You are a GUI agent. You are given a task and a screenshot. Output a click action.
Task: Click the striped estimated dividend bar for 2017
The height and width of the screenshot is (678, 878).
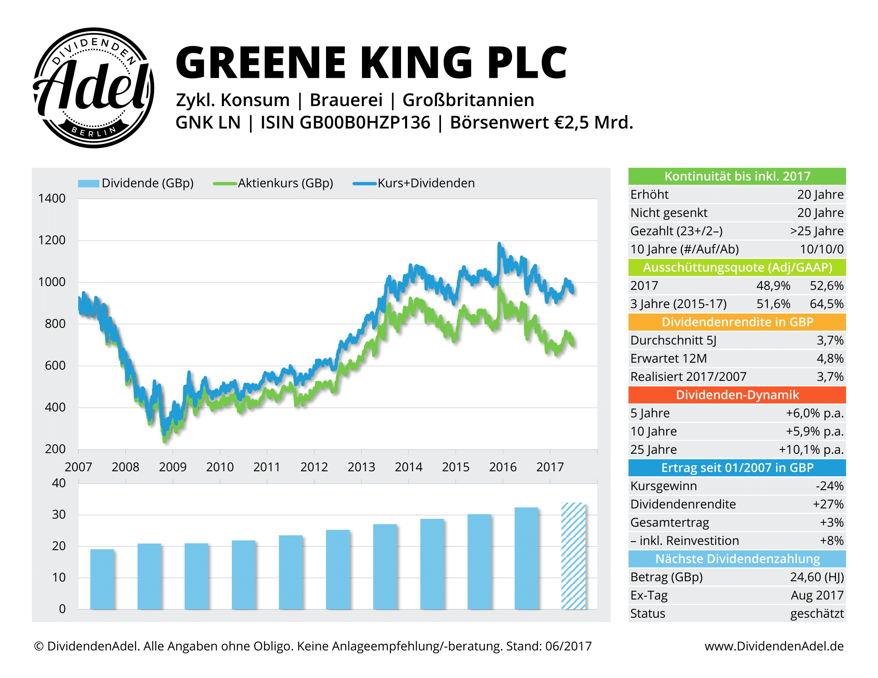[573, 556]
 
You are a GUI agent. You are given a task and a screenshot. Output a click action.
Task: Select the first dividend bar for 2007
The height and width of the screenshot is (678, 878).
[102, 579]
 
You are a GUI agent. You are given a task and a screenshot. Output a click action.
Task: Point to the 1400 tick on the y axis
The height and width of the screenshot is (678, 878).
[51, 199]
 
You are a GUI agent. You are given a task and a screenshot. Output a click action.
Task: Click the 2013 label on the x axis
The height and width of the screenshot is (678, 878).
[361, 467]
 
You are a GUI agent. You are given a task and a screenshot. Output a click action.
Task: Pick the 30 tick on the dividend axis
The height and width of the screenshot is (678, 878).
[59, 514]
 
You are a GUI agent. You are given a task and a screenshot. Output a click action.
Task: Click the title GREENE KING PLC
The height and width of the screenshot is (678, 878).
[371, 63]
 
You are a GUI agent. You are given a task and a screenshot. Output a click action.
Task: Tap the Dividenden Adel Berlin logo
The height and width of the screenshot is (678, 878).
[93, 88]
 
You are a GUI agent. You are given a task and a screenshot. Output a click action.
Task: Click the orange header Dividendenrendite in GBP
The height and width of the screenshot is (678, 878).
[737, 322]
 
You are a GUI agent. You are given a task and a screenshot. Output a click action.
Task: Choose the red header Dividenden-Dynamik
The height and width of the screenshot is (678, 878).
[737, 395]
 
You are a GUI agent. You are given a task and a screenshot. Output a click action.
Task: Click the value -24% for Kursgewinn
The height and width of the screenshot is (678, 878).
[829, 486]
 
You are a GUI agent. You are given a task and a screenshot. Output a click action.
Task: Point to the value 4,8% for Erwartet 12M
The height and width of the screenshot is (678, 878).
[830, 358]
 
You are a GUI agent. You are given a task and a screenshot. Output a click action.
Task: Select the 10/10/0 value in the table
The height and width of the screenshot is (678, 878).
[821, 249]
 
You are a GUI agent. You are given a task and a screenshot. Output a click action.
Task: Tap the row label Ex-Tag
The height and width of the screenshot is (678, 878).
[649, 595]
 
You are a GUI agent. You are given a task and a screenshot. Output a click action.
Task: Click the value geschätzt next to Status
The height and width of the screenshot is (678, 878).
[817, 613]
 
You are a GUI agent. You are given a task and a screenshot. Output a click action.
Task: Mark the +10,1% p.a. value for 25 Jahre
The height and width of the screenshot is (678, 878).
[811, 449]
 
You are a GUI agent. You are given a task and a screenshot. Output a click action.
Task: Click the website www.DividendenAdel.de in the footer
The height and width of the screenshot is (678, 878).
[774, 646]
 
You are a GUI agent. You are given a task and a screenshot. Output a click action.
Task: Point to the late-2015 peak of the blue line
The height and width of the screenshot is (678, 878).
[499, 244]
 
